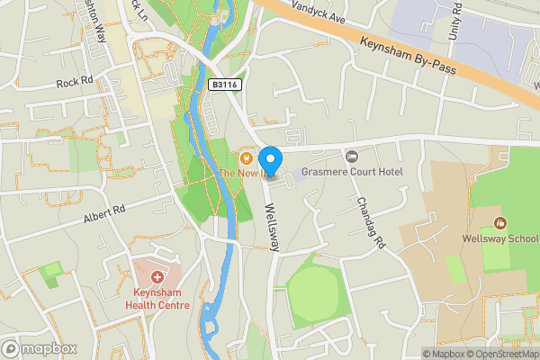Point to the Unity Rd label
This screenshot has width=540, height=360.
455,22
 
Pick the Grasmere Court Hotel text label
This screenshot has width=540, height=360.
353,172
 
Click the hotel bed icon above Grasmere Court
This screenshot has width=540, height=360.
352,157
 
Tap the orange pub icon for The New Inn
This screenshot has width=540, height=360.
246,157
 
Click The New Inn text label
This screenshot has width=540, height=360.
244,173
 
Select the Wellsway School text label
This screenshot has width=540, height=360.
499,238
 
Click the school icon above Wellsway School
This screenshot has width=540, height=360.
500,223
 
